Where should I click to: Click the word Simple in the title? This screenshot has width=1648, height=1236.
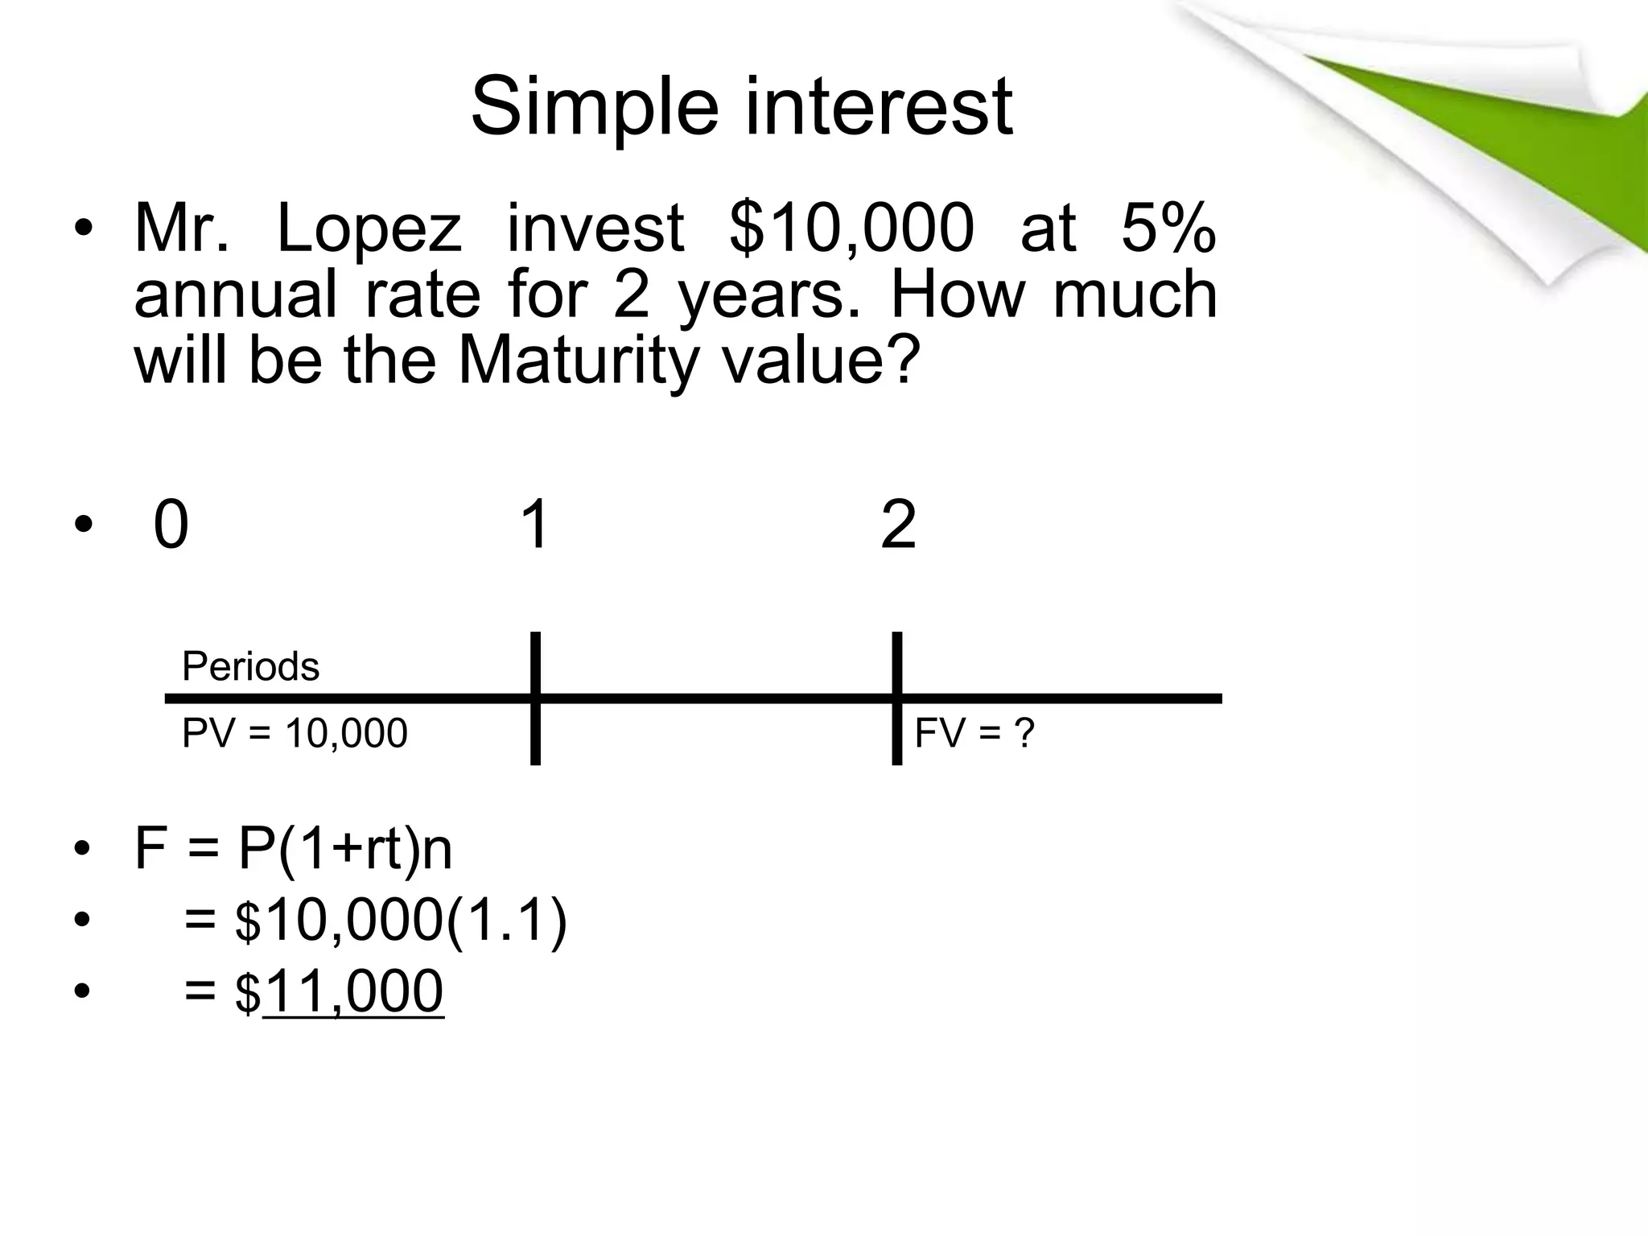coord(594,107)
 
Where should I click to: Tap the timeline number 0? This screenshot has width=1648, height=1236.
coord(171,525)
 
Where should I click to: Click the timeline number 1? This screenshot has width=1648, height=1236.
coord(534,525)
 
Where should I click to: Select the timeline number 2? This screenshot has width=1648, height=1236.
coord(898,525)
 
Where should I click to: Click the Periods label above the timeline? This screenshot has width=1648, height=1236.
coord(250,666)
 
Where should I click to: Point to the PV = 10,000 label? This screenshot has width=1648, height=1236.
coord(295,733)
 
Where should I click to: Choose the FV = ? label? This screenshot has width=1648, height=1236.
coord(974,733)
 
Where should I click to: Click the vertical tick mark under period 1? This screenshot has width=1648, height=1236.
coord(535,698)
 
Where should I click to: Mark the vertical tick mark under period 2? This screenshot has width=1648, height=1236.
coord(896,698)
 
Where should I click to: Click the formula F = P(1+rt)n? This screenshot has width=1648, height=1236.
coord(294,849)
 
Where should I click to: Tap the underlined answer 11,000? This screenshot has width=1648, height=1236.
coord(352,991)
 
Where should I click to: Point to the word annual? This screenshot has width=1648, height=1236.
coord(235,295)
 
